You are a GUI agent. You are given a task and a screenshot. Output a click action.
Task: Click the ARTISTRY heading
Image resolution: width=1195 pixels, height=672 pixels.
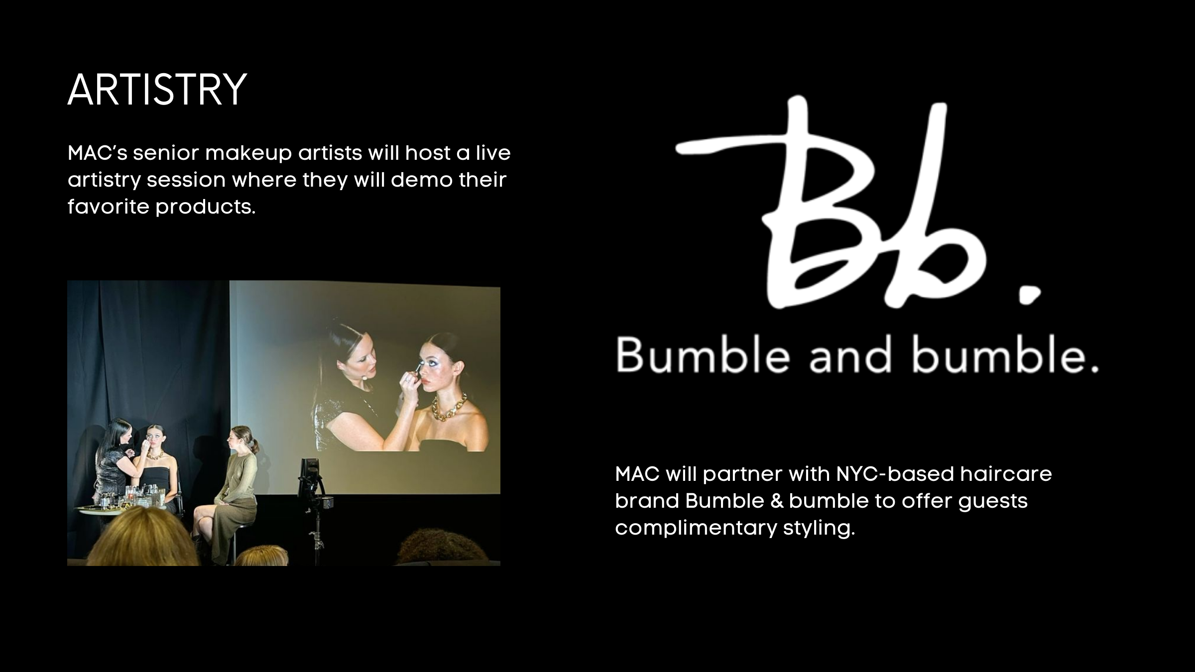(x=157, y=90)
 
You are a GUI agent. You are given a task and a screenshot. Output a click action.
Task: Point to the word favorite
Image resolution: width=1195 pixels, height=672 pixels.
(x=109, y=207)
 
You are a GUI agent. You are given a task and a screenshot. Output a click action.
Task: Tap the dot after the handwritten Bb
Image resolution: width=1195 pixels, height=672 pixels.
(x=1029, y=295)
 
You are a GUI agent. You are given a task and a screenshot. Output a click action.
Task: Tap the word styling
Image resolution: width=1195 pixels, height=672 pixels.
(x=819, y=528)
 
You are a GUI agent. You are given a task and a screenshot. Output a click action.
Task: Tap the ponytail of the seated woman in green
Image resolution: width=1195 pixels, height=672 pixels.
(x=255, y=446)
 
